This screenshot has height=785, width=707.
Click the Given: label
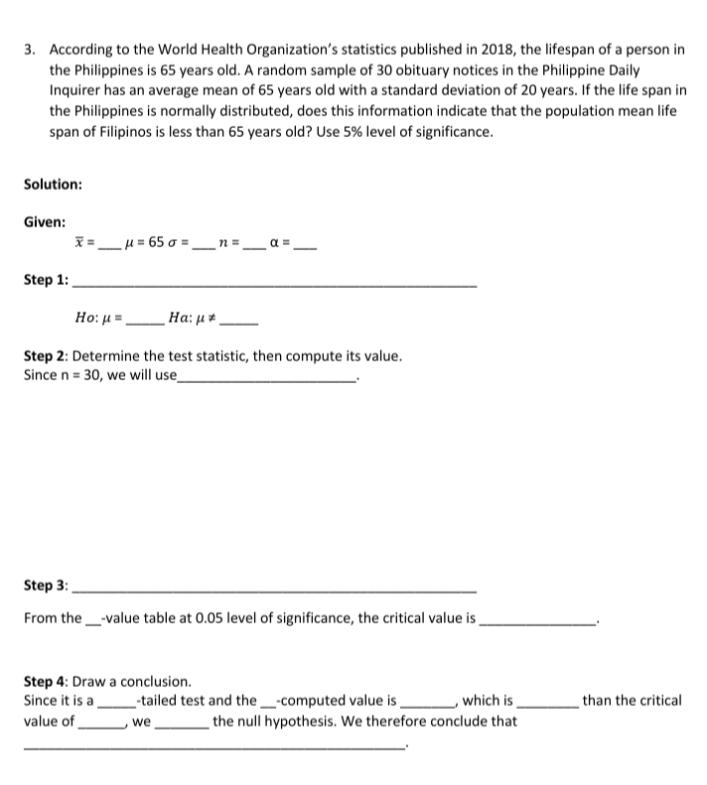click(x=45, y=222)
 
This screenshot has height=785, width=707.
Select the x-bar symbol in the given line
click(x=79, y=241)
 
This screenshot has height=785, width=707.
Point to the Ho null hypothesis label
click(x=86, y=320)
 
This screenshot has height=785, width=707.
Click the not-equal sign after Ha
click(x=211, y=320)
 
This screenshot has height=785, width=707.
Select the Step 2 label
click(x=45, y=355)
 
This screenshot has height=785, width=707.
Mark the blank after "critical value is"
click(x=537, y=619)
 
